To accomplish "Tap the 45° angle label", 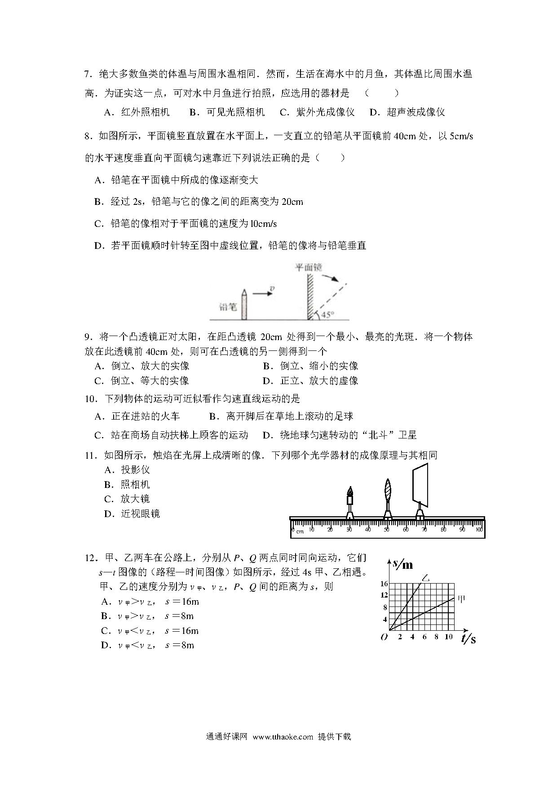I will pos(327,314).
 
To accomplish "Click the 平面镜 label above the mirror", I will pos(308,267).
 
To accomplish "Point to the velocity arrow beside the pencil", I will pos(263,293).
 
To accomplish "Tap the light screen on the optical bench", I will pos(420,485).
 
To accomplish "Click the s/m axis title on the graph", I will pos(403,564).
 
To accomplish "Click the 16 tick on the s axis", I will pos(384,584).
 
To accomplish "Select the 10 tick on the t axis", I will pos(448,637).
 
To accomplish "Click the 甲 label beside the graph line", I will pos(461,598).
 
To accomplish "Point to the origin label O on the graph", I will pos(384,637).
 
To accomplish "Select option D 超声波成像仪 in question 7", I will pos(407,112).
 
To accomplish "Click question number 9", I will pos(88,337).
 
